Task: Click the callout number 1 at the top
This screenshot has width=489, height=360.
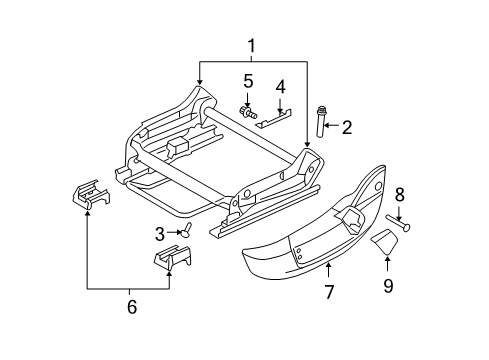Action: click(x=252, y=45)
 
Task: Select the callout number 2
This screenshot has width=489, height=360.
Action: click(x=346, y=127)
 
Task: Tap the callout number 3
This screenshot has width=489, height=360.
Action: click(x=158, y=234)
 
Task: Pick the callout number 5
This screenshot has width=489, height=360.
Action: click(x=247, y=80)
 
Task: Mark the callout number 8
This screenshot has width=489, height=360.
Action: click(x=398, y=193)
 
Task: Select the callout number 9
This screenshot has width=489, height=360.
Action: click(x=388, y=286)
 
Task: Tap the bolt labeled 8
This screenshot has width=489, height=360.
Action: click(x=400, y=224)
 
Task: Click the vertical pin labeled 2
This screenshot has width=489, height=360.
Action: click(x=323, y=124)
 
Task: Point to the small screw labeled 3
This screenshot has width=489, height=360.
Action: click(x=184, y=232)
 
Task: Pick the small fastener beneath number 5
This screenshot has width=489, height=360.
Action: click(x=246, y=111)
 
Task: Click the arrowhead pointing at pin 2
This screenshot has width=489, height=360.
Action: click(x=332, y=127)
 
